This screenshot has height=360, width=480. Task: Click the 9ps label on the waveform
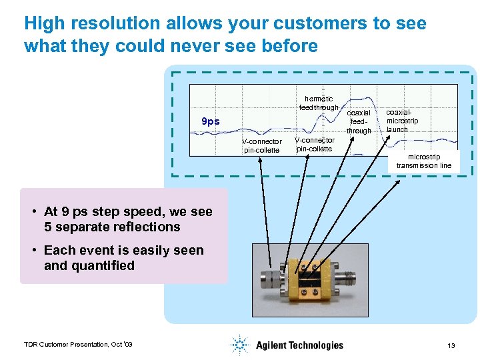[x=211, y=122]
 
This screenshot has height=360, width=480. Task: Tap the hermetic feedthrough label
[x=319, y=103]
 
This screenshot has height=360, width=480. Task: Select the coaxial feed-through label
[x=359, y=122]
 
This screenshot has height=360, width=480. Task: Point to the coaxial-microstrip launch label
[x=402, y=121]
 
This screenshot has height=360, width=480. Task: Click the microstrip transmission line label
[x=424, y=161]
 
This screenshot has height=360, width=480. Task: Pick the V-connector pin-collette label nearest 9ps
[x=262, y=146]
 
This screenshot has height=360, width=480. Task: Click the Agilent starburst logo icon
[x=239, y=345]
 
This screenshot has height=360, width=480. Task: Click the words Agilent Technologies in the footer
[x=299, y=345]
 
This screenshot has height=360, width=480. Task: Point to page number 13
[x=451, y=345]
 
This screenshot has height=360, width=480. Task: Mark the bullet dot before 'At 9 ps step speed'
[x=33, y=213]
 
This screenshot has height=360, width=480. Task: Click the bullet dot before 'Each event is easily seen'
[x=33, y=251]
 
